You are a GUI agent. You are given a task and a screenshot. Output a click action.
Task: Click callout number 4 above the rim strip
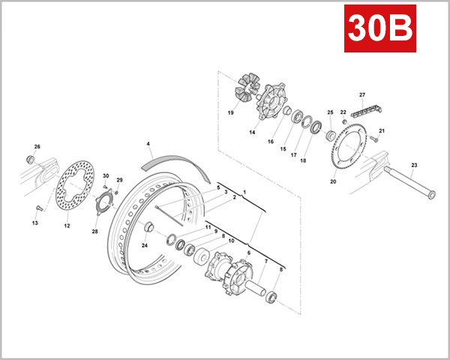(x=148, y=142)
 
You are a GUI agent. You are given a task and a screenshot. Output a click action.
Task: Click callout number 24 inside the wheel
(x=145, y=245)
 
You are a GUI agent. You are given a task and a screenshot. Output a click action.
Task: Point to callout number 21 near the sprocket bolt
(x=381, y=131)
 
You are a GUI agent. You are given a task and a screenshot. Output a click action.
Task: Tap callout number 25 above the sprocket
(x=329, y=112)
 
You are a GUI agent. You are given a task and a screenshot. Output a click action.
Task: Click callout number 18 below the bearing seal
(x=303, y=160)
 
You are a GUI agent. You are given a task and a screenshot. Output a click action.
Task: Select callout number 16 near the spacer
(x=271, y=140)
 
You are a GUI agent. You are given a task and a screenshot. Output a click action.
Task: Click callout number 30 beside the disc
(x=106, y=176)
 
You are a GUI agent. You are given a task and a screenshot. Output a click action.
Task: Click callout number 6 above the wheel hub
(x=248, y=253)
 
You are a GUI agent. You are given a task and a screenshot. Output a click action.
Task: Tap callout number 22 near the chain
(x=343, y=112)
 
